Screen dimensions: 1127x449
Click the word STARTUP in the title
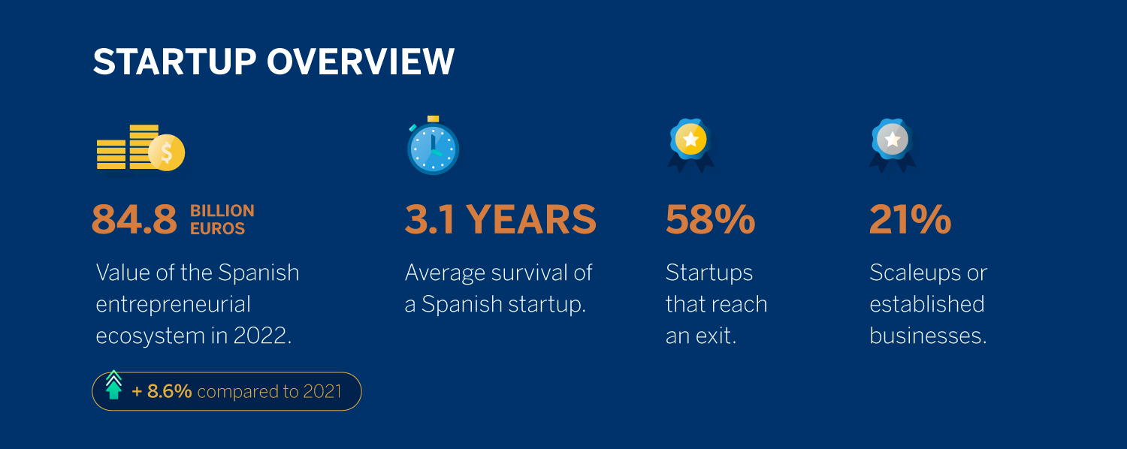174,62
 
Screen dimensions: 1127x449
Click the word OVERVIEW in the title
360,62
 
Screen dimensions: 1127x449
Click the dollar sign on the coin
167,152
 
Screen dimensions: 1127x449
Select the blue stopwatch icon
433,146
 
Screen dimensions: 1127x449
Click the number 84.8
134,220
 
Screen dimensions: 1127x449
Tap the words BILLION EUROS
222,220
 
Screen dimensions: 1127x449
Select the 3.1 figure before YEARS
431,220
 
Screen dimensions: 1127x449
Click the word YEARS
531,220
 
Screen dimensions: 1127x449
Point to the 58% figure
711,220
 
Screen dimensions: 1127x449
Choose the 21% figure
910,220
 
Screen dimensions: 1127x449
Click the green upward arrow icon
113,385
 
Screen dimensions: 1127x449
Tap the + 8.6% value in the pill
162,391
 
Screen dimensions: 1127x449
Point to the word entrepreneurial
173,305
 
